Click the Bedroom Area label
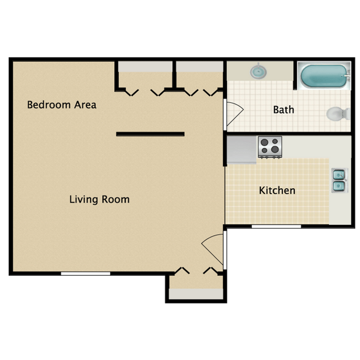point(61,105)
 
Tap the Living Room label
point(99,199)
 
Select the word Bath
point(284,110)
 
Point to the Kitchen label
point(277,191)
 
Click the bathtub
point(324,76)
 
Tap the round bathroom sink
point(259,71)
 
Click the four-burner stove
point(270,147)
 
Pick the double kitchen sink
point(340,181)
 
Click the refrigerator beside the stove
point(241,150)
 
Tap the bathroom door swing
point(234,114)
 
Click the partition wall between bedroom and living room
point(151,134)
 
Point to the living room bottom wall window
point(85,274)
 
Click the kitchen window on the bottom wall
point(276,227)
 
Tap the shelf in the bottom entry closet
point(196,294)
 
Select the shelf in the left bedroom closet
point(145,66)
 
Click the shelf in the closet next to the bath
point(199,66)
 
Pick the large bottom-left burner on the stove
point(265,151)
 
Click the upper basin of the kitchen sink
point(339,176)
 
